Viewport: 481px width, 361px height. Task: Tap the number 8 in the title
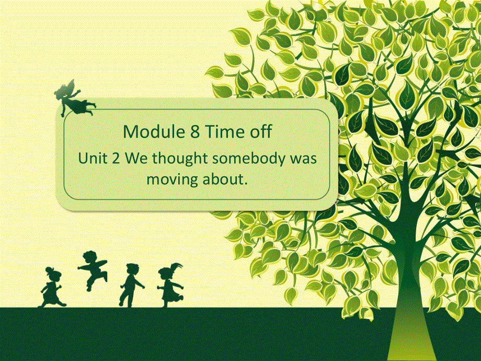pyautogui.click(x=190, y=132)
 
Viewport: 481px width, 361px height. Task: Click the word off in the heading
pyautogui.click(x=260, y=132)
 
